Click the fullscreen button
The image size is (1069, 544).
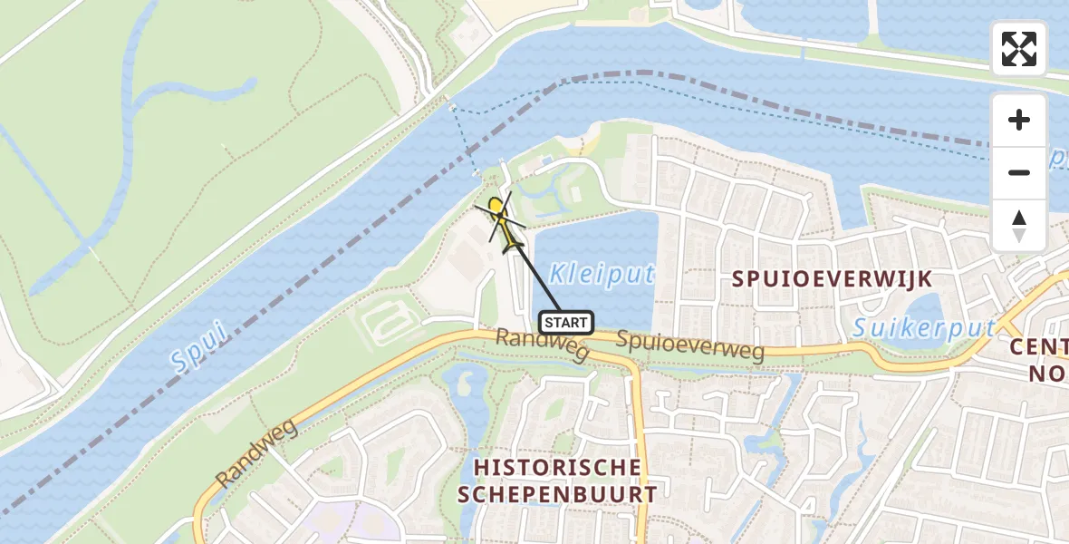click(x=1018, y=48)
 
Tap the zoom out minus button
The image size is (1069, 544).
click(x=1019, y=172)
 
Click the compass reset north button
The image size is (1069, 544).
click(x=1019, y=225)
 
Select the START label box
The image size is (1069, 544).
click(x=566, y=322)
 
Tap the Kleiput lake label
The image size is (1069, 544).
click(x=600, y=271)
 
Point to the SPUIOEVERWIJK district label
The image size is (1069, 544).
click(x=832, y=278)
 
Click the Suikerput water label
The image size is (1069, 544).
click(x=923, y=328)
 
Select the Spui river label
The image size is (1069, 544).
click(x=197, y=347)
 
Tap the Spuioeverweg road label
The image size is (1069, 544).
click(x=689, y=344)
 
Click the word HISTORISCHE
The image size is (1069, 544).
click(x=558, y=468)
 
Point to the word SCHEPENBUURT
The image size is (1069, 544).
click(x=557, y=494)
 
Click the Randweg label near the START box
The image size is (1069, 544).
click(x=542, y=344)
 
